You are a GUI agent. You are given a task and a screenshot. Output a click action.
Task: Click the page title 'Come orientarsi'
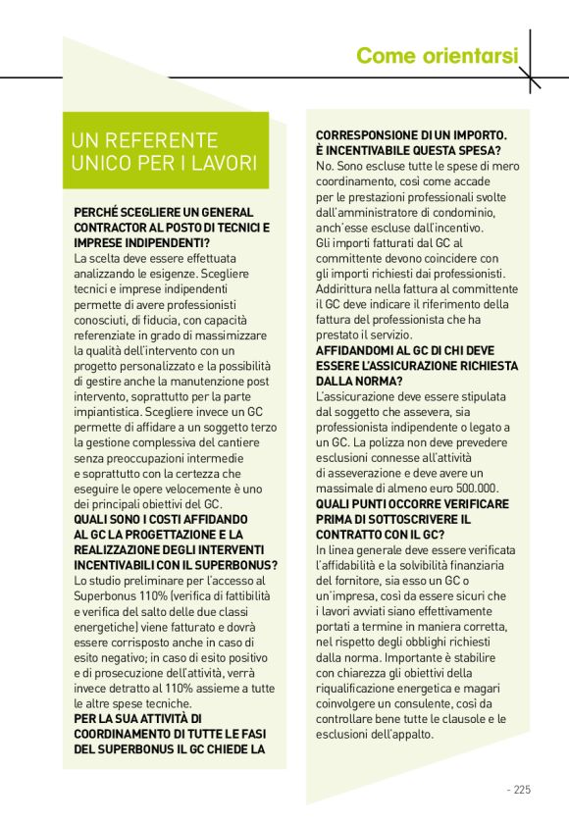tap(437, 56)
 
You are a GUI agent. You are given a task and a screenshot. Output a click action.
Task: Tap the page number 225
tap(522, 788)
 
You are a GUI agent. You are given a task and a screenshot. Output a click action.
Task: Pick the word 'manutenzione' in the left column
tap(197, 366)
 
